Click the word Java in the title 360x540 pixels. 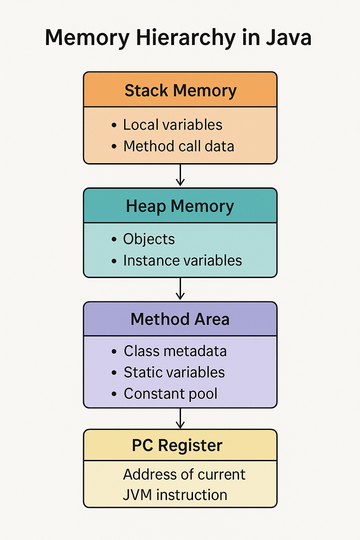pos(288,38)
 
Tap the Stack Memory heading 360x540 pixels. pos(180,91)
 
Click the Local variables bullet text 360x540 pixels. pos(173,125)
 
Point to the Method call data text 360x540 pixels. pos(179,146)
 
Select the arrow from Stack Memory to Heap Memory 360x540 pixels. pos(180,175)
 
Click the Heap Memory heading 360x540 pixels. pos(180,206)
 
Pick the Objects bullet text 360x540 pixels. pos(149,239)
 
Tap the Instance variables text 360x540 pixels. pos(182,261)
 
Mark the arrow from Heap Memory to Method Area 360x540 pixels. pos(180,289)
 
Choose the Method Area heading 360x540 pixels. pos(180,319)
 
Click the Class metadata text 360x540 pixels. pos(175,351)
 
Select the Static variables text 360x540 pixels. pos(174,372)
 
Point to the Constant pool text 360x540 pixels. pos(171,394)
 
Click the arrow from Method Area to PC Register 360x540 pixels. pos(180,418)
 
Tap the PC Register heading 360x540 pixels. pos(177,445)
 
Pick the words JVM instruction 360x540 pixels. pos(175,495)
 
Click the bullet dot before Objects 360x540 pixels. pos(114,239)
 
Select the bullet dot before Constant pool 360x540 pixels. pos(114,394)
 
